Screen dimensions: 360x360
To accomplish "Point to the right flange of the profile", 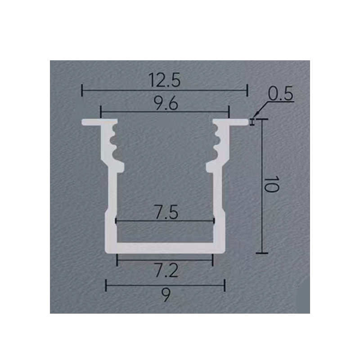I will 236,121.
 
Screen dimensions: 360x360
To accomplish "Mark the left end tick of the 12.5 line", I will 82,90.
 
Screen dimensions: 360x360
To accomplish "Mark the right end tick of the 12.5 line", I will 247,90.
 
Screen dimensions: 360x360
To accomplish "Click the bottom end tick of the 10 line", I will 262,253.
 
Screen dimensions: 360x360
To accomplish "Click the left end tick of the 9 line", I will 106,284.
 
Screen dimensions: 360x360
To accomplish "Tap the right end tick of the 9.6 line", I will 229,111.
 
